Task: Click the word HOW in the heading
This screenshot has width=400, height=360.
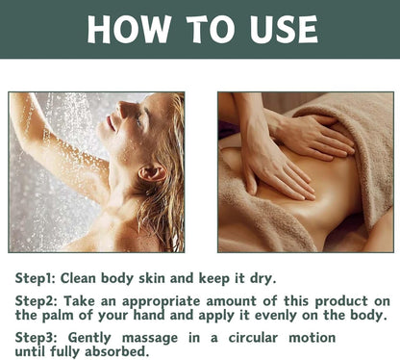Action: tap(130, 29)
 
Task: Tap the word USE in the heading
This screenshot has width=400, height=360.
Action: tap(284, 29)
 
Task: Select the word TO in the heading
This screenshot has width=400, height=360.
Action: tap(211, 29)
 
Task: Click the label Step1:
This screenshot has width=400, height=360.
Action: tap(36, 278)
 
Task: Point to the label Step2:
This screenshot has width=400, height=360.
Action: tap(37, 301)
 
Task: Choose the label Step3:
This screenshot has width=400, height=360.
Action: tap(37, 338)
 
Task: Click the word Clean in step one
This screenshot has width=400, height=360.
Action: tap(78, 278)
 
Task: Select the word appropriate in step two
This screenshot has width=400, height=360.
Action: tap(162, 301)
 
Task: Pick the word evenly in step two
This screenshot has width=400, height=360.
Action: tap(276, 316)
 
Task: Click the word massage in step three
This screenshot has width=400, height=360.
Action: tap(150, 339)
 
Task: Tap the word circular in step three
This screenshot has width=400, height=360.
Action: tap(253, 338)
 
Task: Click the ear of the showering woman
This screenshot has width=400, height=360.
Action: tap(152, 173)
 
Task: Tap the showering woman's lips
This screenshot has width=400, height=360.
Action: tap(111, 123)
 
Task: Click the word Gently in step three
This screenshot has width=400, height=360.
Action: tap(89, 338)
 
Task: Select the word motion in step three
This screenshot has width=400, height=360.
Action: tap(312, 338)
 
